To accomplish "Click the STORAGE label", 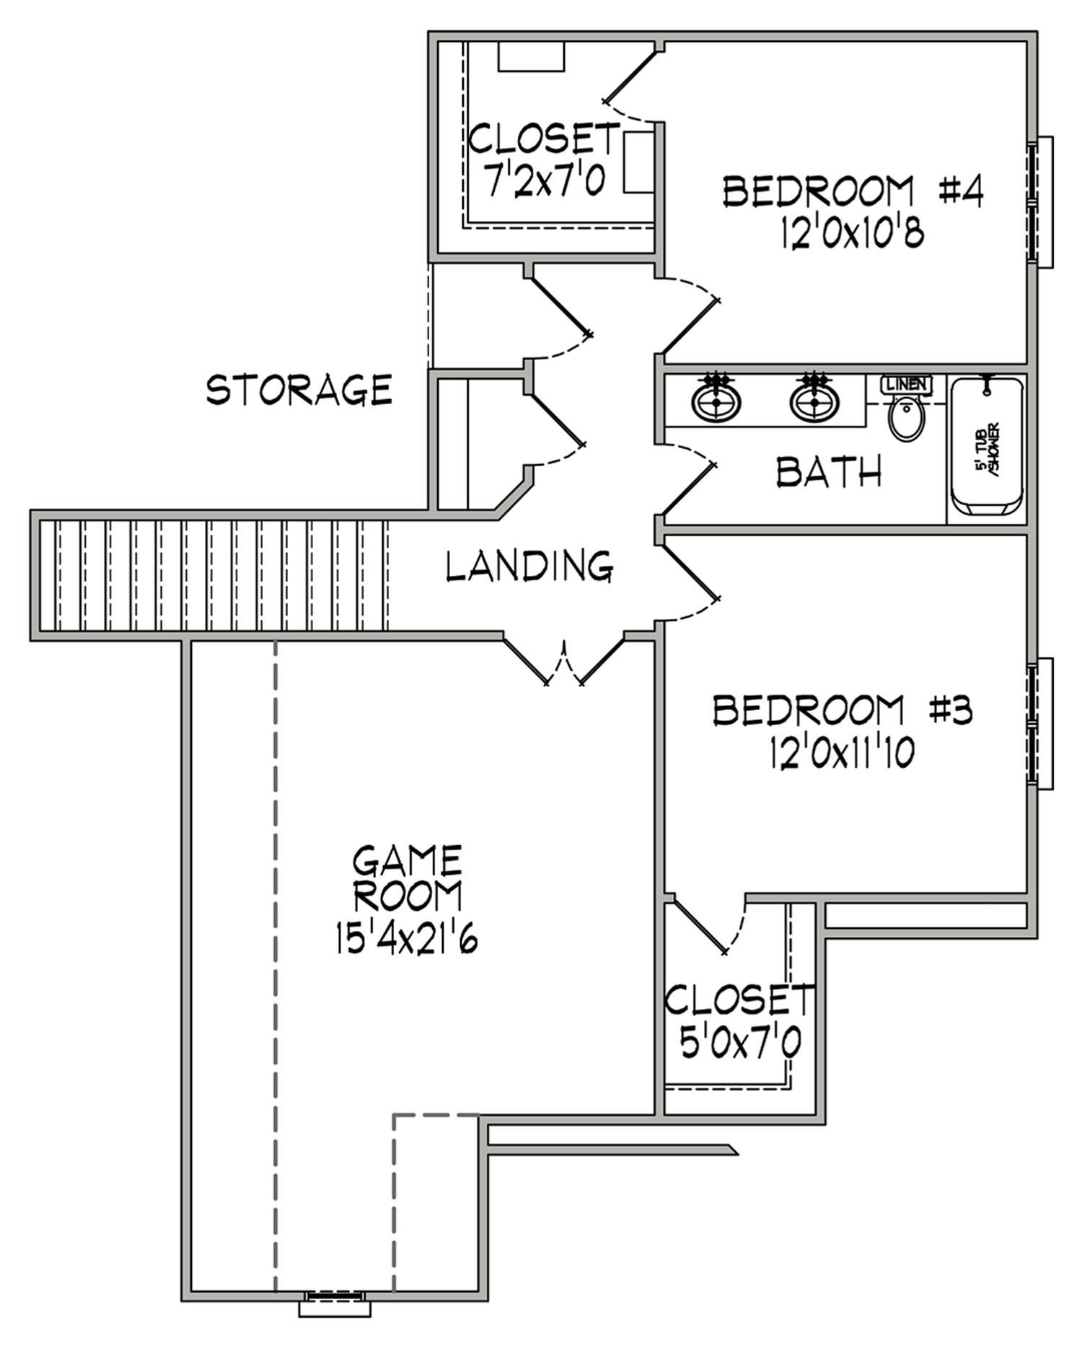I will click(299, 390).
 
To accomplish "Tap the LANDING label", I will click(529, 566).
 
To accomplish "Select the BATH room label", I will click(829, 472).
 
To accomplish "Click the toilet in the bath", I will click(906, 419).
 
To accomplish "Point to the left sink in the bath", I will click(716, 401).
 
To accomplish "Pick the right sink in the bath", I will click(814, 401).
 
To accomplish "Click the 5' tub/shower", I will click(987, 447).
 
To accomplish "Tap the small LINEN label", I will click(907, 385).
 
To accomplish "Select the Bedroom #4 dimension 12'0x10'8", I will click(852, 234).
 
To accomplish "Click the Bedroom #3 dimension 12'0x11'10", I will click(842, 753).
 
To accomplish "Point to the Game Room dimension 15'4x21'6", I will click(407, 938).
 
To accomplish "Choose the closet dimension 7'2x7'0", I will click(545, 180).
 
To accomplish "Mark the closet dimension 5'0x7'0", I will click(740, 1042).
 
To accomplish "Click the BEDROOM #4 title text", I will click(853, 192).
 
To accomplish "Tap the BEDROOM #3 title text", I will click(843, 710).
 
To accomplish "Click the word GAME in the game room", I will click(407, 860).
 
